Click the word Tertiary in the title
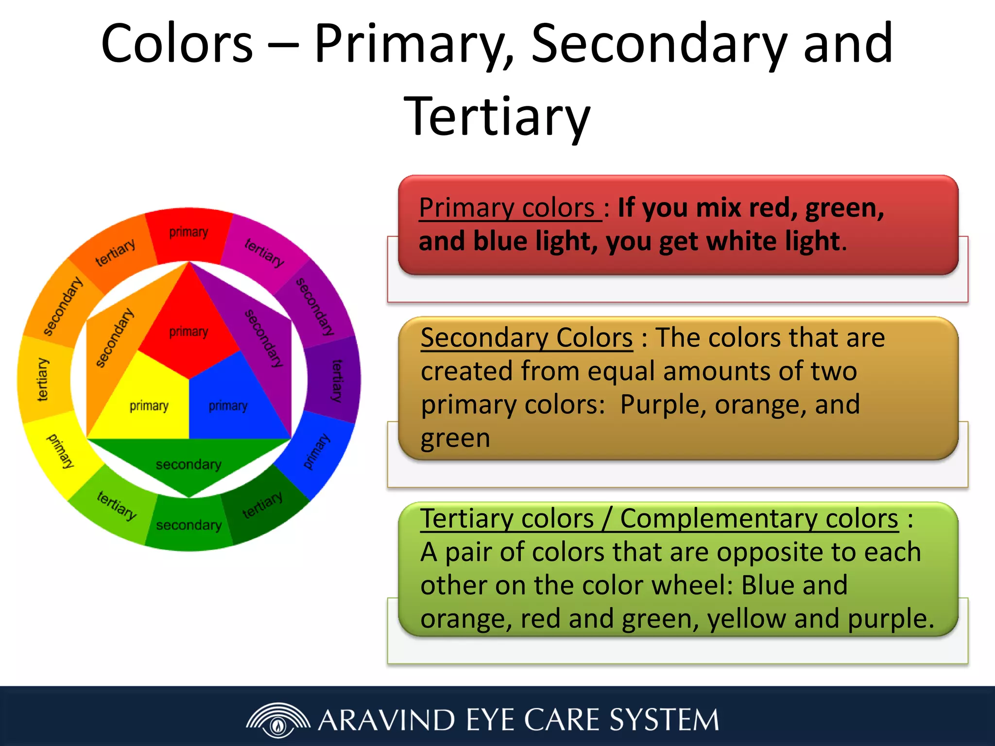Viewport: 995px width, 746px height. coord(497,117)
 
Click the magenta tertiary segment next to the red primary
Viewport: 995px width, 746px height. coord(265,253)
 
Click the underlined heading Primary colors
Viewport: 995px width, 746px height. coord(508,208)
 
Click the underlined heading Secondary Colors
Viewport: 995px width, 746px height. coord(527,338)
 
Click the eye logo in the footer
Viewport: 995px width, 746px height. coord(278,721)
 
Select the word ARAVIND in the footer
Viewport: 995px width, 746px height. coord(386,720)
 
